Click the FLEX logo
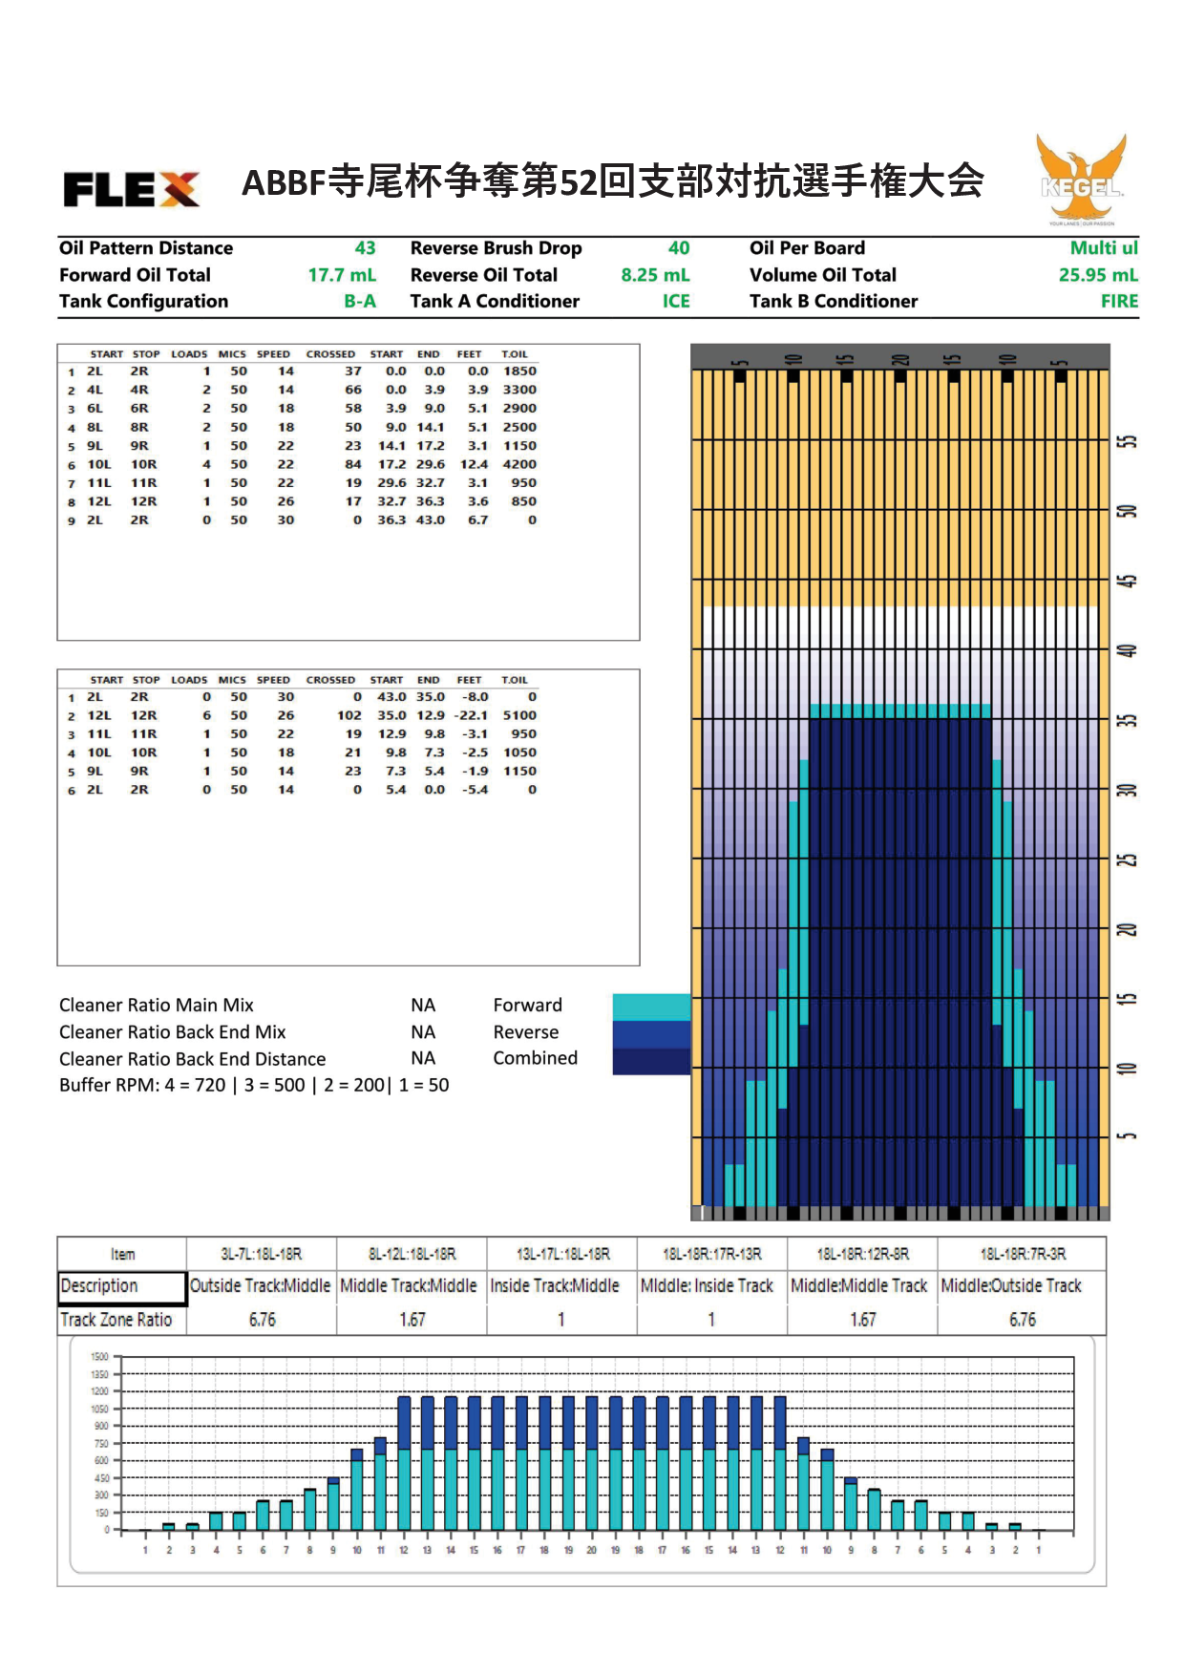pos(132,189)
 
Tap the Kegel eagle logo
pos(1081,179)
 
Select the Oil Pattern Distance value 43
pos(365,248)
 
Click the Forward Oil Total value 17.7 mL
pos(342,275)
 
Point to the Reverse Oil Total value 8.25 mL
pos(655,275)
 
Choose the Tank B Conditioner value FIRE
pos(1119,302)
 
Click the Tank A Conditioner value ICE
pos(676,302)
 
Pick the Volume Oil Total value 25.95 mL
pos(1098,275)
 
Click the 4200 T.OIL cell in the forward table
pos(519,464)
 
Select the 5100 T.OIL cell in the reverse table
pos(519,715)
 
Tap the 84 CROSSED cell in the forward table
pos(353,464)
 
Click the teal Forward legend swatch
pos(651,1007)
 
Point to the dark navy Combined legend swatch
pos(651,1061)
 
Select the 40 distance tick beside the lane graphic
pos(1128,651)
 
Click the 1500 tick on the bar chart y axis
pos(99,1356)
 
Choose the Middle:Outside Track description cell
pos(1011,1286)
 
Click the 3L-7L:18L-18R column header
pos(262,1254)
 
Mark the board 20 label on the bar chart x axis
pos(591,1550)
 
